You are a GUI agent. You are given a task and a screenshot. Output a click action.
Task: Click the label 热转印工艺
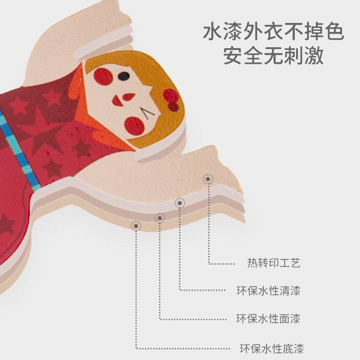tap(274, 263)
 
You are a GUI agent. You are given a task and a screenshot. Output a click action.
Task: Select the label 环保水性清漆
tap(268, 291)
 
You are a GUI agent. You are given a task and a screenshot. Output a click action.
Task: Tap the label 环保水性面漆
tap(268, 319)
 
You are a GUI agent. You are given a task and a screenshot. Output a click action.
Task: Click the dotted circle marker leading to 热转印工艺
tap(208, 179)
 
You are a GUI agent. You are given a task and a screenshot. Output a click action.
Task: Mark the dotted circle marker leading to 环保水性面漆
tap(160, 218)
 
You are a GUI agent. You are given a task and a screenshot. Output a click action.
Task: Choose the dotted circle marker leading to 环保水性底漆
tap(135, 225)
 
